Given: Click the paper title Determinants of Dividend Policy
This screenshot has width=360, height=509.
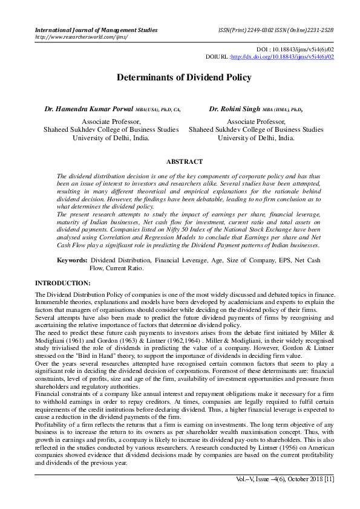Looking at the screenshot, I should tap(180, 78).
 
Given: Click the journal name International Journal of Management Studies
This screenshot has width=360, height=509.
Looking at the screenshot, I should tap(96, 30).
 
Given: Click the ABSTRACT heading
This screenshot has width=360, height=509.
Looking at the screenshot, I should tap(184, 161).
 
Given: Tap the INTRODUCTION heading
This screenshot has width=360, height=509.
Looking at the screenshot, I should tap(63, 283).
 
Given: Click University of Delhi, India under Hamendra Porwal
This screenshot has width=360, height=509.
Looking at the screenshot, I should tap(111, 138).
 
